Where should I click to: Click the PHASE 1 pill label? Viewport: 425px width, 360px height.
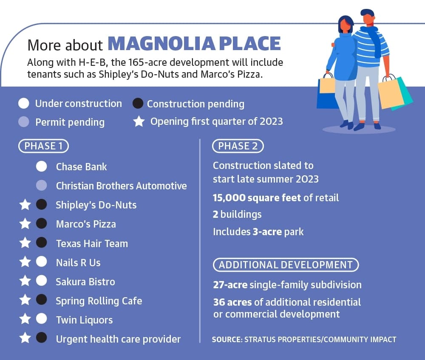[43, 146]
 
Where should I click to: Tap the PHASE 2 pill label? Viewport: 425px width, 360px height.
[238, 146]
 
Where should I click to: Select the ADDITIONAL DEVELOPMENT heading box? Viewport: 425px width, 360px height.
[286, 265]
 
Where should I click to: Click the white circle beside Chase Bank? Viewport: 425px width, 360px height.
[42, 166]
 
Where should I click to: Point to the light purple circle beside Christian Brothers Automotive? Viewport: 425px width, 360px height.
[42, 186]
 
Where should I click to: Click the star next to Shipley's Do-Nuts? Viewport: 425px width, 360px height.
[25, 205]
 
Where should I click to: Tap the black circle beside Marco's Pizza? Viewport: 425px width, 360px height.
[42, 224]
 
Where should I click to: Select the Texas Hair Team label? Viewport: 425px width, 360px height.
[92, 243]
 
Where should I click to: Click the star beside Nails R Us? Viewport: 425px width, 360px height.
[25, 262]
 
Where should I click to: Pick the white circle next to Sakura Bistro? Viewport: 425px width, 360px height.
[42, 281]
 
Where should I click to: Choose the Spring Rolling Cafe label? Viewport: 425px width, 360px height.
[99, 301]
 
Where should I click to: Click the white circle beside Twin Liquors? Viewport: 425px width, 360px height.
[42, 319]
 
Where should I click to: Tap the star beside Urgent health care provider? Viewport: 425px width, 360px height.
[25, 338]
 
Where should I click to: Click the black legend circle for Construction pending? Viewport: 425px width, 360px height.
[138, 104]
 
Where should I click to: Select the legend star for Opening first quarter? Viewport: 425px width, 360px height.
[139, 121]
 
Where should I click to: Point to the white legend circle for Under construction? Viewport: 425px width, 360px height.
[23, 104]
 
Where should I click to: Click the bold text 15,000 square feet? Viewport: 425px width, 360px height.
[257, 198]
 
